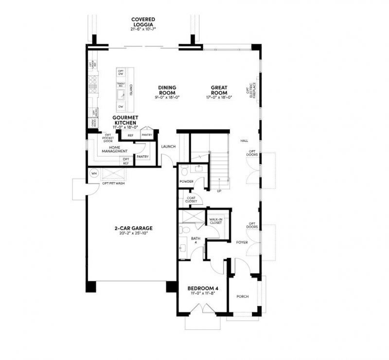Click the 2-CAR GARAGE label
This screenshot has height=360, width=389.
(133, 228)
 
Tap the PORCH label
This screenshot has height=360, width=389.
(242, 296)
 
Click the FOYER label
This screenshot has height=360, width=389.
(242, 242)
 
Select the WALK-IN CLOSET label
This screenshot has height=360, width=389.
(215, 221)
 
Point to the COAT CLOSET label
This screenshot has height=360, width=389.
(189, 199)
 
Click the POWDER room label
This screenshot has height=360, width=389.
(187, 182)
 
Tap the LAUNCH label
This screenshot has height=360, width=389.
(168, 147)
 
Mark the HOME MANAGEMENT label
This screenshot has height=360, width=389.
(115, 149)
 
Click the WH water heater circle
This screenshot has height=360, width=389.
(93, 173)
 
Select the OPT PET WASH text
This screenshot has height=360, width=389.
(113, 184)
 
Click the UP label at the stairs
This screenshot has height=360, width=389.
(219, 191)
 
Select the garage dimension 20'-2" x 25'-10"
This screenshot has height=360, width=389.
(133, 233)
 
